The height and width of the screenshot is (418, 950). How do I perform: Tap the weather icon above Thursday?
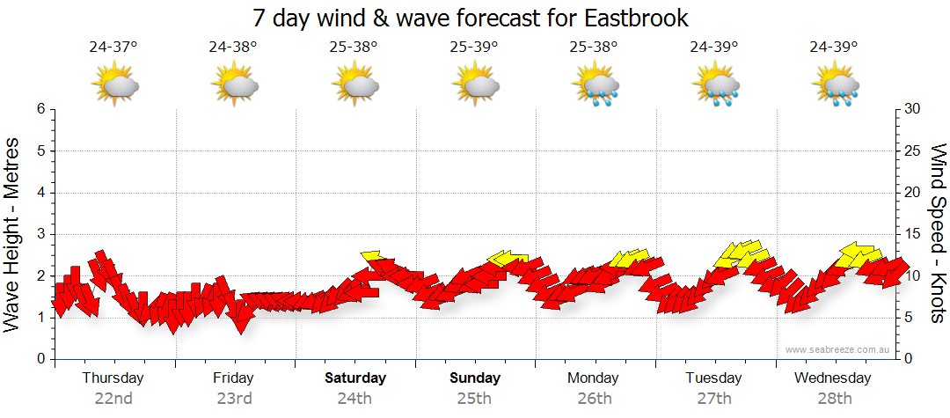115,85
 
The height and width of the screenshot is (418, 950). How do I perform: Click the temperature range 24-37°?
113,47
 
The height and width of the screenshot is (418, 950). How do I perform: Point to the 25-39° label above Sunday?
473,47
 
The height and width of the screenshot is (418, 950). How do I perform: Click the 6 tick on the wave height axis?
40,109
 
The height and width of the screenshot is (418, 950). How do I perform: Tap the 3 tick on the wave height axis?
40,234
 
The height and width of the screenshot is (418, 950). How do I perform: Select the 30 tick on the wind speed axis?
912,109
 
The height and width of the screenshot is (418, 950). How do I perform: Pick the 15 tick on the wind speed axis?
912,234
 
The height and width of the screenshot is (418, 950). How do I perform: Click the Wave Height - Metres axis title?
13,234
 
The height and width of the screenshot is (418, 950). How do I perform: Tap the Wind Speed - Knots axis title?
938,234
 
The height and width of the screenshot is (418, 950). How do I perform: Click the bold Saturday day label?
355,378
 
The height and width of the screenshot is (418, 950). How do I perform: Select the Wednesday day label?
832,378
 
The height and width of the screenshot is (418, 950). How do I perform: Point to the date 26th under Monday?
595,398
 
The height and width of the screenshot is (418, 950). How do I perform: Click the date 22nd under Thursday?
113,398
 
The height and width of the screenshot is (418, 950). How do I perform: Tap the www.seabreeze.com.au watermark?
839,349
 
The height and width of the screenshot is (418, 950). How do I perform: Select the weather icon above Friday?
234,85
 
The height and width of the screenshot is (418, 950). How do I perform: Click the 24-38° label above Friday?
233,47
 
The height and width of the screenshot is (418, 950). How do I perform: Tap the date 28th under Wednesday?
833,398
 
